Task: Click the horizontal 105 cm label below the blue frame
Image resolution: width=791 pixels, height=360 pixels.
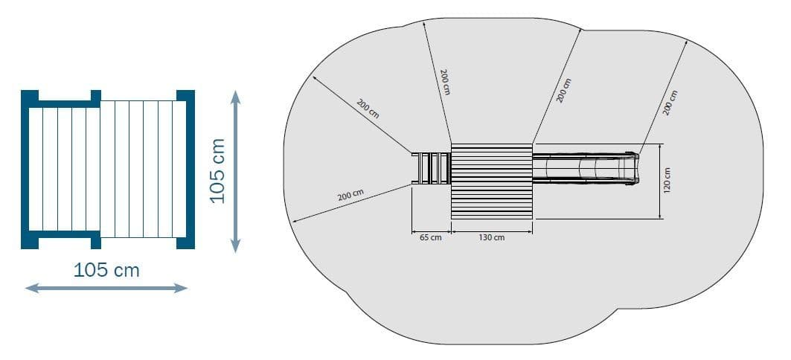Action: point(106,270)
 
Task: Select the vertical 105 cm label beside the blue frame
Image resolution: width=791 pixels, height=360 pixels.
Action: point(217,170)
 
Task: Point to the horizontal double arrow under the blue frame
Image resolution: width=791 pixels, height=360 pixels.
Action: point(106,288)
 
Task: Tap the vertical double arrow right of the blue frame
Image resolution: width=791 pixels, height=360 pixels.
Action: point(235,171)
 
